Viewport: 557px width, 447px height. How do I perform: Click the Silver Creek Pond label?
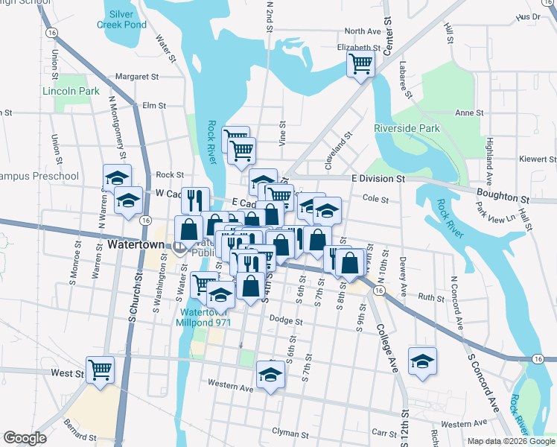coord(121,19)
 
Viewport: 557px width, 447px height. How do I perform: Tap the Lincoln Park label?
coord(71,91)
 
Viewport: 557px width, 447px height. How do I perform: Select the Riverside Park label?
coord(407,128)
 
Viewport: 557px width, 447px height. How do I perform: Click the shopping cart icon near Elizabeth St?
coord(361,65)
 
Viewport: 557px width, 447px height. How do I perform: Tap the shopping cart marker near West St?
coord(100,368)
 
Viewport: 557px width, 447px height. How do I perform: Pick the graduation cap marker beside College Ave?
coord(422,360)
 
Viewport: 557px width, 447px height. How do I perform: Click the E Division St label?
coord(378,180)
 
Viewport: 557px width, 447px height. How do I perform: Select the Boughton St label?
coord(503,200)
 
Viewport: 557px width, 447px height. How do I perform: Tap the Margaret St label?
coord(137,77)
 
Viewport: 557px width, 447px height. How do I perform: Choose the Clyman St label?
coord(285,431)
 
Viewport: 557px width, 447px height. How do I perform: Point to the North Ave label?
coord(362,31)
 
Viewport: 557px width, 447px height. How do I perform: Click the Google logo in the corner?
coord(25,438)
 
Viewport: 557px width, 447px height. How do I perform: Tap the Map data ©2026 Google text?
coord(511,441)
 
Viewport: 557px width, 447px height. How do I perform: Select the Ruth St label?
coord(430,297)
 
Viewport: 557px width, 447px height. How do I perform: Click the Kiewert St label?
coord(538,159)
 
